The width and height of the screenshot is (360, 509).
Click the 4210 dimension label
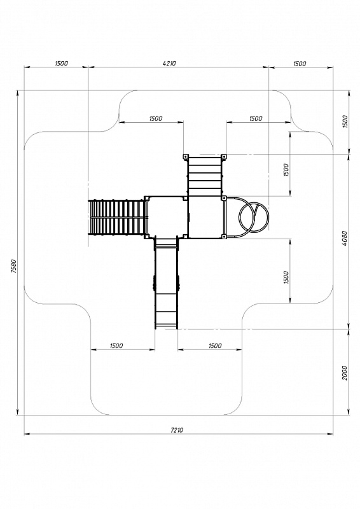tap(169, 63)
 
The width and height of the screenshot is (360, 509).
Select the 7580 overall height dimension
tap(13, 267)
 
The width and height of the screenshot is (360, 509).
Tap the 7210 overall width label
tap(177, 430)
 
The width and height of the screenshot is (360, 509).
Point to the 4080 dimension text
tap(345, 239)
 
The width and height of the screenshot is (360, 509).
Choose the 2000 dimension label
tap(345, 373)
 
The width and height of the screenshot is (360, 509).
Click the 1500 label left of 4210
tap(61, 63)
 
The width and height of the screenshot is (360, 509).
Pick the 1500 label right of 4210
tap(300, 64)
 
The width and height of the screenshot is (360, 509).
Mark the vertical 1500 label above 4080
tap(345, 122)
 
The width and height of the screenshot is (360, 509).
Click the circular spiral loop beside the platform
tap(254, 217)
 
